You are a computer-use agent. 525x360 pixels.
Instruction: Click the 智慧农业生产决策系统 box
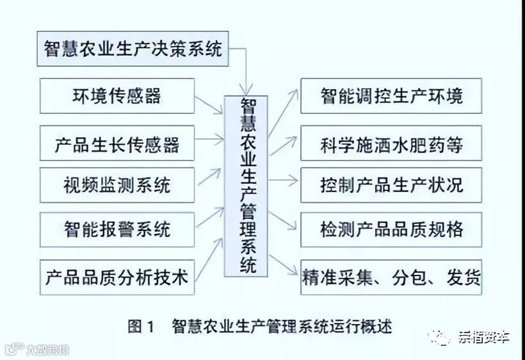[133, 49]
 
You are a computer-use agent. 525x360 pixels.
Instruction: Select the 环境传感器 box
[117, 96]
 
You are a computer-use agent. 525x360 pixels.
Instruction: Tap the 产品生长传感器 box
[117, 144]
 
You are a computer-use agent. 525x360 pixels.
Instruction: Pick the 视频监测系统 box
[117, 186]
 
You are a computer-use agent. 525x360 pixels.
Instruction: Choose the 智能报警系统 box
[117, 229]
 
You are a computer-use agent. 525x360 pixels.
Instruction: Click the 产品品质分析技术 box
[117, 277]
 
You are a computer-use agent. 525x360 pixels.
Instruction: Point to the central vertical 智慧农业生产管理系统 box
[246, 186]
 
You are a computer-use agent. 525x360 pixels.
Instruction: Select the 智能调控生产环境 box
[391, 96]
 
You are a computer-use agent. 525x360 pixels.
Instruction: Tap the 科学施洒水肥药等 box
[391, 144]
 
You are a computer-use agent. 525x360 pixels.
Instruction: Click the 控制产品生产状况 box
[391, 186]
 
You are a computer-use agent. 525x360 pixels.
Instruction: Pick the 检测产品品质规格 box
[391, 229]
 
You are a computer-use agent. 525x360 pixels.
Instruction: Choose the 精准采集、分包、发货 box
[391, 277]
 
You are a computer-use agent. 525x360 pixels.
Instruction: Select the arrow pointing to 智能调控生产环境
[283, 111]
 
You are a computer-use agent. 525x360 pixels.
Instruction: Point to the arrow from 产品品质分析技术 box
[209, 259]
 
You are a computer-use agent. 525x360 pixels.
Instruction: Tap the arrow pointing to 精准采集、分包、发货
[284, 264]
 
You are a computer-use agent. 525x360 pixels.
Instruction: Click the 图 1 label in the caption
[141, 327]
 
